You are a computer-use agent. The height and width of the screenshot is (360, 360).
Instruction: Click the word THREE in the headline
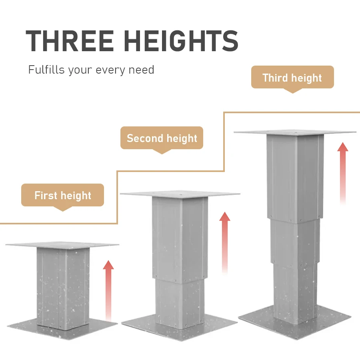tap(70, 41)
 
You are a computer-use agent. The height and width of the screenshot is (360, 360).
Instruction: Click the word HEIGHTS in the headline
tap(181, 41)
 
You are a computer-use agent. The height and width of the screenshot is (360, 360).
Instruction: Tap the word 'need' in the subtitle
tap(141, 70)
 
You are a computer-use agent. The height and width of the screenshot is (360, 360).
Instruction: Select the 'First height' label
tap(62, 195)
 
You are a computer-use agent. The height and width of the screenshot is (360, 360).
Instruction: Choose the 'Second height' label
tap(162, 138)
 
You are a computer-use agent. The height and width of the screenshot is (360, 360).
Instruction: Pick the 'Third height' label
tap(292, 78)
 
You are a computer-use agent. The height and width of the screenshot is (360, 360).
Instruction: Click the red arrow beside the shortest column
tap(108, 291)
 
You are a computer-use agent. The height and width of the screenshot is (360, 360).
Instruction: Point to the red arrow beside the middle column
tap(224, 243)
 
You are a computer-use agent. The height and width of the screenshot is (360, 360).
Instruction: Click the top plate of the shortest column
tap(62, 245)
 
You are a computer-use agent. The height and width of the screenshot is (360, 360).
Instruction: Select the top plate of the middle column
tap(180, 194)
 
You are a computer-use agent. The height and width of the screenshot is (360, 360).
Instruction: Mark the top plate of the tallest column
tap(295, 132)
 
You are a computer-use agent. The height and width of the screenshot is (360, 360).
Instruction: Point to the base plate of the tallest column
tap(295, 322)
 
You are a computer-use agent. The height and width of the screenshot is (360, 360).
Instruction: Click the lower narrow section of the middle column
tap(180, 303)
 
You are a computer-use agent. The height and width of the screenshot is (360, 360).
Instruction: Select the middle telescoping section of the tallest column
tap(295, 242)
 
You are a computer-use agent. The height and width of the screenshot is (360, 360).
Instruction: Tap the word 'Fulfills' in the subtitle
tap(46, 69)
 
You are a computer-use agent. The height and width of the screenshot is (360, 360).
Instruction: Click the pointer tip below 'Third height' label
tap(292, 93)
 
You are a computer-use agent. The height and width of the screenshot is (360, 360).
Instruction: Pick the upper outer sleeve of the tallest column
tap(295, 178)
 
